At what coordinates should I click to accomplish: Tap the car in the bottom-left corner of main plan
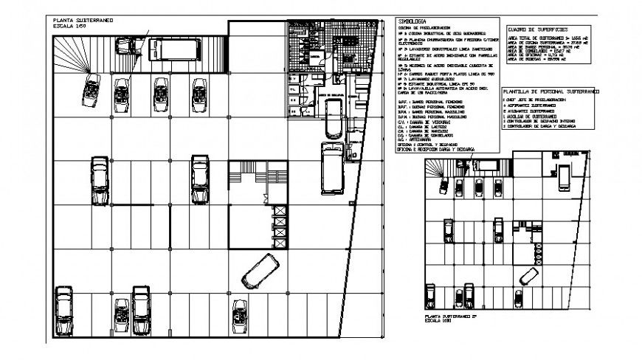[66, 302]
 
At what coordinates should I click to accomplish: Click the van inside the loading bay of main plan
[333, 117]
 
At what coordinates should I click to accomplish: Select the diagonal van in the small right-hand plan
[528, 275]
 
